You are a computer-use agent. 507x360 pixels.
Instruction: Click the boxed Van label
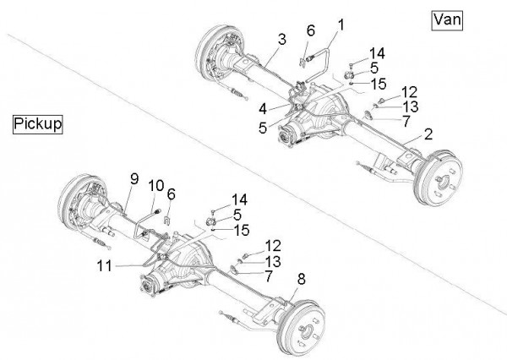click(446, 20)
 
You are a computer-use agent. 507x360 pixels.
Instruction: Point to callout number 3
click(281, 39)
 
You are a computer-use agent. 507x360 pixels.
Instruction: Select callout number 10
click(155, 184)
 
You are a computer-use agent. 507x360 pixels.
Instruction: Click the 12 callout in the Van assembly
click(409, 92)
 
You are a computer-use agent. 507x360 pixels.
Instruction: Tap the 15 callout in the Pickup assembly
click(240, 228)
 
